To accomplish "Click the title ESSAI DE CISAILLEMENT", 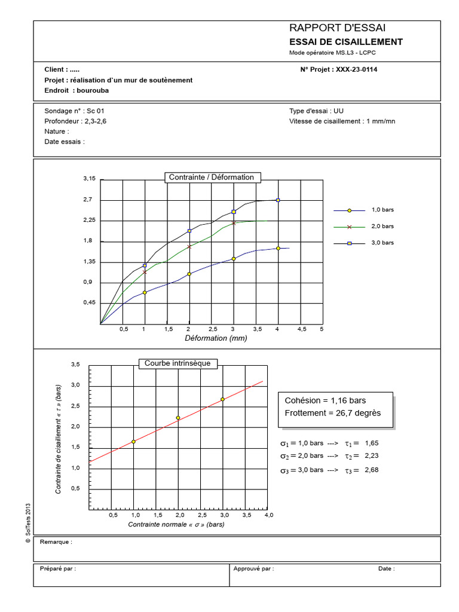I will pyautogui.click(x=345, y=42).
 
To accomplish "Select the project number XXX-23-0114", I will pyautogui.click(x=356, y=69).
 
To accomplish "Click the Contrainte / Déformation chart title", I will pyautogui.click(x=212, y=177).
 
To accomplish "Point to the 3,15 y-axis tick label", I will pyautogui.click(x=90, y=179).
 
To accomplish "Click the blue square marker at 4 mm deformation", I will pyautogui.click(x=278, y=200).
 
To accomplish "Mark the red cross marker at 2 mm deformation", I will pyautogui.click(x=189, y=246).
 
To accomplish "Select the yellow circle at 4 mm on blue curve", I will pyautogui.click(x=278, y=248).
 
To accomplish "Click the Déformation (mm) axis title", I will pyautogui.click(x=216, y=338).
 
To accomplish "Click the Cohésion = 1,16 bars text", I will pyautogui.click(x=325, y=400).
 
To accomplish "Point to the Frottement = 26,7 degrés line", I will pyautogui.click(x=333, y=413).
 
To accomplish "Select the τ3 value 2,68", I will pyautogui.click(x=372, y=470).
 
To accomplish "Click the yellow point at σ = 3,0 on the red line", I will pyautogui.click(x=222, y=399).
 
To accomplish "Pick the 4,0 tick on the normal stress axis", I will pyautogui.click(x=268, y=515).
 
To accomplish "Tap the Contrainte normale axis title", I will pyautogui.click(x=176, y=525).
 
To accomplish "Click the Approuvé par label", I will pyautogui.click(x=253, y=569).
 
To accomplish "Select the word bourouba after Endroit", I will pyautogui.click(x=93, y=91).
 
